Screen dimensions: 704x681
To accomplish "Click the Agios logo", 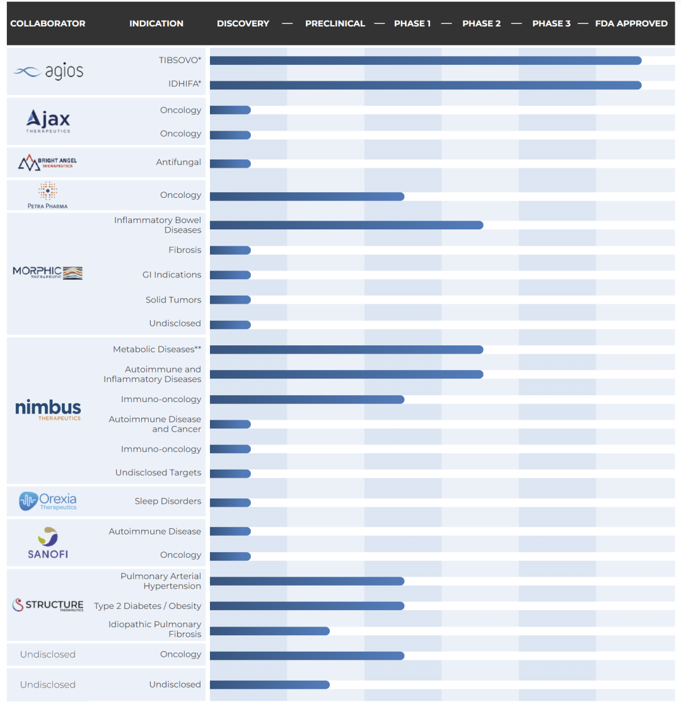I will [x=48, y=71].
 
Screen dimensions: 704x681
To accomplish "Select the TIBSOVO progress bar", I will [x=425, y=61].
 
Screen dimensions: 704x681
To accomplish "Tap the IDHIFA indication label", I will [x=184, y=84].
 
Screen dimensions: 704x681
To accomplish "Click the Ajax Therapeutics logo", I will [x=48, y=120].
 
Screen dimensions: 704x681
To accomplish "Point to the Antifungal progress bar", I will [x=230, y=164].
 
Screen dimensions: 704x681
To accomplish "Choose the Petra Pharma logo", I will [x=48, y=195].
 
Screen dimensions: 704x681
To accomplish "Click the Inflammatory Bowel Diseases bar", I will [x=346, y=225].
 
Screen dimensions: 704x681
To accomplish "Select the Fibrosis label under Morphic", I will [x=185, y=250].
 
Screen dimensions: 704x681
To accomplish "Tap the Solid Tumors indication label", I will [x=173, y=300].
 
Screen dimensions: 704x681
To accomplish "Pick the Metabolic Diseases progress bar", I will [x=346, y=350].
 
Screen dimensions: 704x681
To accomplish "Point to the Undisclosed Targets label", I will [x=158, y=473].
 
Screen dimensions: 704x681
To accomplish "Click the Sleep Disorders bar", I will [x=230, y=503].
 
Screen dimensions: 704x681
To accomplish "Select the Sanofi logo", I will [x=48, y=543].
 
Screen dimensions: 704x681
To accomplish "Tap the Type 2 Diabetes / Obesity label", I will [x=148, y=606].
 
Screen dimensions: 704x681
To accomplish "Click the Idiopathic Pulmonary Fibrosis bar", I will [x=269, y=631].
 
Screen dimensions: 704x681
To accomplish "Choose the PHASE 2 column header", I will [x=481, y=24].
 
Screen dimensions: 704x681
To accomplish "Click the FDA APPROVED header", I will [x=631, y=24].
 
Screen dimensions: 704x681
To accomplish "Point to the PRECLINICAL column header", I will [x=335, y=24].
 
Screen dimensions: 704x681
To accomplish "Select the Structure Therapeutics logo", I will [x=48, y=606].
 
